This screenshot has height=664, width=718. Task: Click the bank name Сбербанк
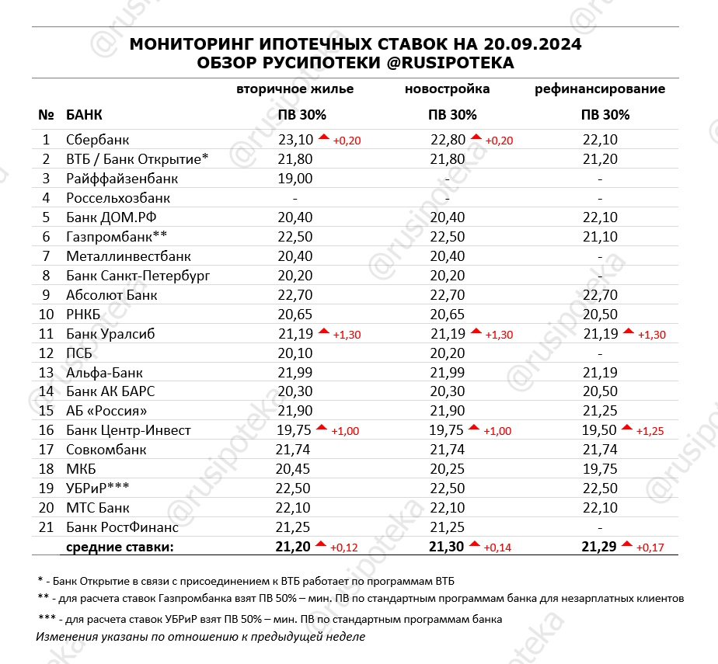point(98,140)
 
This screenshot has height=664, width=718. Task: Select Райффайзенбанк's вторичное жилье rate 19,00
point(295,179)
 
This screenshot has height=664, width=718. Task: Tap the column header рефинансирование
point(600,89)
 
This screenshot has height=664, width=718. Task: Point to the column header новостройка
point(447,89)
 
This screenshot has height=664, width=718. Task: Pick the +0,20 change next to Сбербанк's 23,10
point(347,141)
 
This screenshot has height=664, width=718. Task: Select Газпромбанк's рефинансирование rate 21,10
point(600,237)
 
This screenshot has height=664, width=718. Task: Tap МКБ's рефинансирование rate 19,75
point(600,469)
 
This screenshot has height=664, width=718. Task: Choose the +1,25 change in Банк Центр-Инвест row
point(651,431)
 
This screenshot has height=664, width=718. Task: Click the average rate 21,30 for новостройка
point(447,548)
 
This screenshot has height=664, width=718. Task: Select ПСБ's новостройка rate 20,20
point(447,353)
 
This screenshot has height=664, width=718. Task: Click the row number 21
point(46,527)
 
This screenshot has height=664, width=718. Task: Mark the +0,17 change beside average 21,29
point(651,548)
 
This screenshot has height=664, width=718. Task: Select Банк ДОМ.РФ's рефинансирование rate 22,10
point(600,217)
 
